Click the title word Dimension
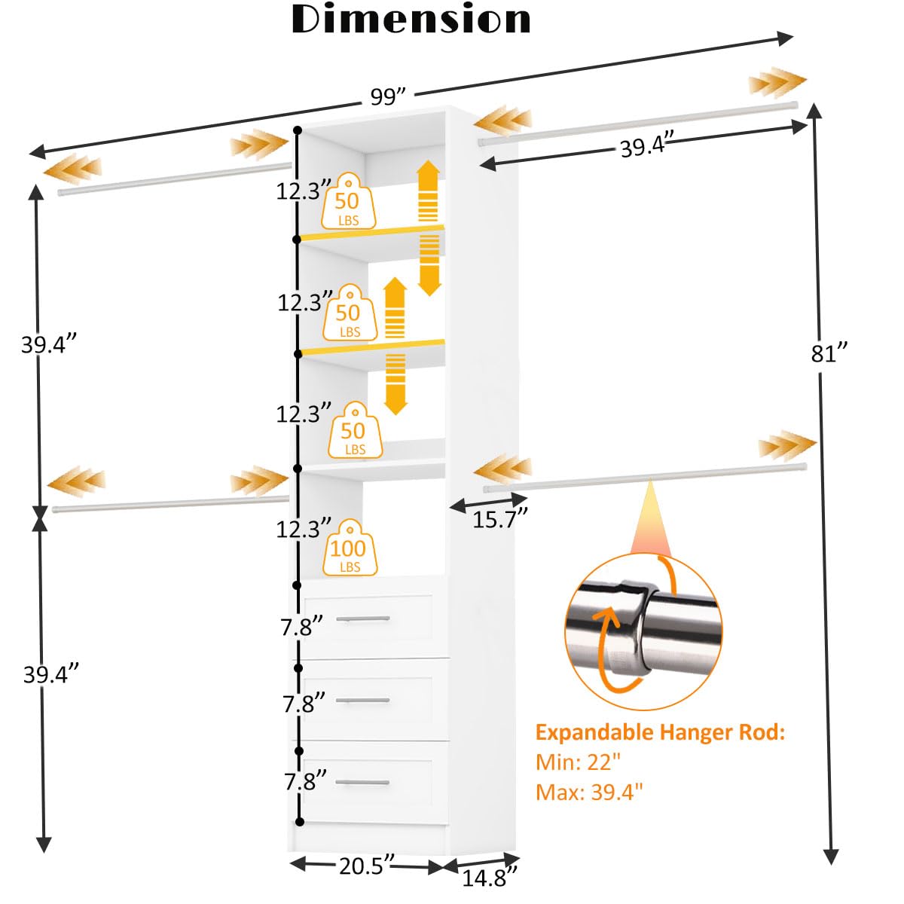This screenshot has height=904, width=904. pyautogui.click(x=411, y=20)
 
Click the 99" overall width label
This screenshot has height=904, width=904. pyautogui.click(x=388, y=97)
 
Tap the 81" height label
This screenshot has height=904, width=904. pyautogui.click(x=829, y=353)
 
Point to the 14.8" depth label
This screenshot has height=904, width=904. pyautogui.click(x=490, y=877)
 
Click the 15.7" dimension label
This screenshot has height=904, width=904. pyautogui.click(x=499, y=519)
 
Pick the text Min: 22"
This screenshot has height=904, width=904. pyautogui.click(x=579, y=762)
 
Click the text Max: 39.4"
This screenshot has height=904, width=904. pyautogui.click(x=589, y=793)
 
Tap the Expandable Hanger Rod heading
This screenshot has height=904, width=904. pyautogui.click(x=660, y=732)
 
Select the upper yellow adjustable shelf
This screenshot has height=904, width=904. pyautogui.click(x=371, y=233)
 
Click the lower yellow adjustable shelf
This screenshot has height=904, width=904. pyautogui.click(x=371, y=347)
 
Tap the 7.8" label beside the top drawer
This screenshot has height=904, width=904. pyautogui.click(x=302, y=626)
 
